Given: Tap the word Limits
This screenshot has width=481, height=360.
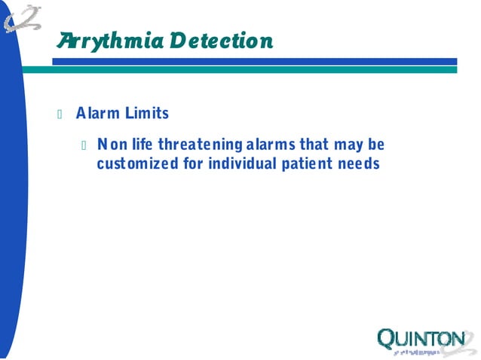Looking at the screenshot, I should (145, 114).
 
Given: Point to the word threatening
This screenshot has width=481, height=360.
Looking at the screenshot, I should (198, 144).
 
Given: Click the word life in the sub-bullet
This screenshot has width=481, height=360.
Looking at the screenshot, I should (141, 144).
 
